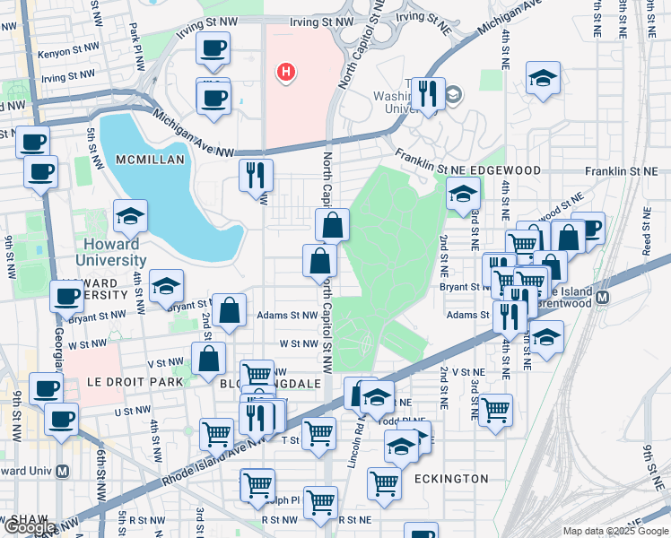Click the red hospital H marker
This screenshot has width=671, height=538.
click(285, 72)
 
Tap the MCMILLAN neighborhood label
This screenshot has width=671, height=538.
click(150, 160)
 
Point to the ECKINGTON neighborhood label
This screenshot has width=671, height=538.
click(451, 479)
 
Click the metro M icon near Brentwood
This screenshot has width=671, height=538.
click(604, 297)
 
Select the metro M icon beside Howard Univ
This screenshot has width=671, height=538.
click(62, 471)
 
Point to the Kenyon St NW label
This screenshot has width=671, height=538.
click(61, 54)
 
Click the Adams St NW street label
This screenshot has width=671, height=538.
click(287, 316)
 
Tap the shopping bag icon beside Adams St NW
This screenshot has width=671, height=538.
click(230, 310)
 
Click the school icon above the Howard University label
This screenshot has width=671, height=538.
click(130, 215)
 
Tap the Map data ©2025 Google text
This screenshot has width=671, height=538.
click(615, 531)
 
